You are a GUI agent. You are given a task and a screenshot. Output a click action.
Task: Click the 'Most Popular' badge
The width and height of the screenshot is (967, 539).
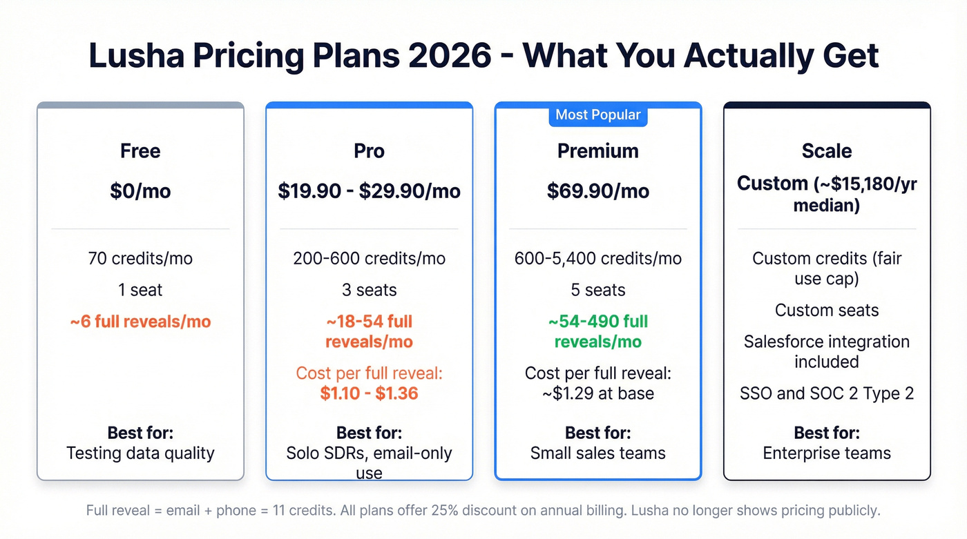[597, 115]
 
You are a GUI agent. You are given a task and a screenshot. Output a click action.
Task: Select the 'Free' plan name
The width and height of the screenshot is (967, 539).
[140, 151]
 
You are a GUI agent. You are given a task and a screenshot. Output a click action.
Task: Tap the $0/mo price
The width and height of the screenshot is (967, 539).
[140, 191]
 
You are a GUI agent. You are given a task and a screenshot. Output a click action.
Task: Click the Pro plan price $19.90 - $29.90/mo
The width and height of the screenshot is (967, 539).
[369, 191]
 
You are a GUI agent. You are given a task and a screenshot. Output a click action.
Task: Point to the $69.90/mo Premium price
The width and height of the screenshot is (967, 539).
[597, 191]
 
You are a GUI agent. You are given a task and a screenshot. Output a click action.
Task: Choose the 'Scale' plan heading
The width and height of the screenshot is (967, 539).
[827, 151]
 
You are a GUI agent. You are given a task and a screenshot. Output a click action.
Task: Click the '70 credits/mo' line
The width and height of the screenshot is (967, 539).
[140, 259]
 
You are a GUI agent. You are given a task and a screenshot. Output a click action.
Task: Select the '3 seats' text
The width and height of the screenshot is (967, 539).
[369, 290]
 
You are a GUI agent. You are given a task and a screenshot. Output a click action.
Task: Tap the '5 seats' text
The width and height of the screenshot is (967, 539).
[597, 290]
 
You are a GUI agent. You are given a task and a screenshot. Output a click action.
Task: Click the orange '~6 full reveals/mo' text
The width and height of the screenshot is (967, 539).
[140, 322]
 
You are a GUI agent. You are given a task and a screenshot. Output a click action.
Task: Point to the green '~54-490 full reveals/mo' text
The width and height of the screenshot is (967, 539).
[597, 331]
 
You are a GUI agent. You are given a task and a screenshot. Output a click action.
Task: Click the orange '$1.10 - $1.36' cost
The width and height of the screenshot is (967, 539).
[369, 393]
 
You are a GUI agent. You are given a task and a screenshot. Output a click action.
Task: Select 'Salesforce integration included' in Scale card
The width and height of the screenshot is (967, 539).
[827, 351]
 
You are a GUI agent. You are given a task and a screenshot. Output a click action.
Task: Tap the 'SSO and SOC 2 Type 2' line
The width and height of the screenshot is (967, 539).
[827, 393]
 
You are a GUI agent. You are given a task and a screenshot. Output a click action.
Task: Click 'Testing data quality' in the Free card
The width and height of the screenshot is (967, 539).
[140, 453]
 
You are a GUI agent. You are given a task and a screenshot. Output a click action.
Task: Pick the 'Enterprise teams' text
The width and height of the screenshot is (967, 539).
[827, 453]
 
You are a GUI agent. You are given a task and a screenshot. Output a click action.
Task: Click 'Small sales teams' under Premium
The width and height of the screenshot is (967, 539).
[597, 453]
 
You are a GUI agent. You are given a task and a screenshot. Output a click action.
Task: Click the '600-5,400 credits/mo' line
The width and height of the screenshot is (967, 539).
[597, 259]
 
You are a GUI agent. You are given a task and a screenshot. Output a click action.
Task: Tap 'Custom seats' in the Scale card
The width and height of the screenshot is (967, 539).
[827, 311]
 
